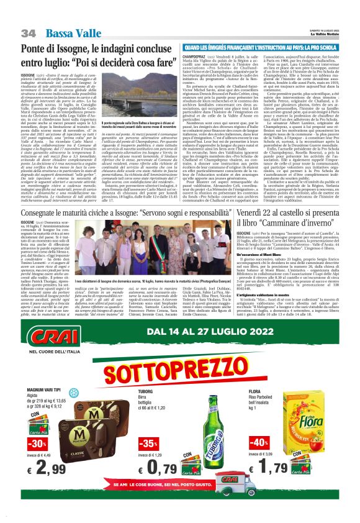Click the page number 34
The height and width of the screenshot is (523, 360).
pyautogui.click(x=28, y=32)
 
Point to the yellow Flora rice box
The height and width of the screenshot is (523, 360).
pyautogui.click(x=318, y=424)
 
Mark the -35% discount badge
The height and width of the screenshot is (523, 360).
pyautogui.click(x=148, y=442)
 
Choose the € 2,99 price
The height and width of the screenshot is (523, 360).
pyautogui.click(x=49, y=463)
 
